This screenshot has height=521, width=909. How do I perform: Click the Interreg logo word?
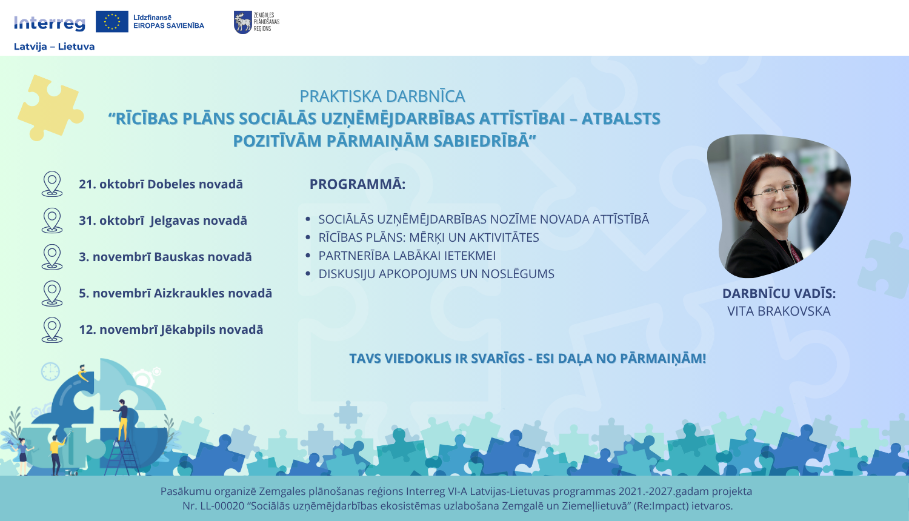50,23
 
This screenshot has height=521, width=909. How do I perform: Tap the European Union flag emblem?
112,22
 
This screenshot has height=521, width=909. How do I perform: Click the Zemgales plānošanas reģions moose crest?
242,22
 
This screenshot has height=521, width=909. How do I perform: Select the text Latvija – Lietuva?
54,47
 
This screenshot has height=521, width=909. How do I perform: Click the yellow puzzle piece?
50,107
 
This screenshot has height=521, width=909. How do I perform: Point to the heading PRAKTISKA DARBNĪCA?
382,96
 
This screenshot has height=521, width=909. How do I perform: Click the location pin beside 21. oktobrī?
52,184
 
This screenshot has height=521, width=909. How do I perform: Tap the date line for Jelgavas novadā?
162,221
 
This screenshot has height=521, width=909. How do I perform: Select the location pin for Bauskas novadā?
52,256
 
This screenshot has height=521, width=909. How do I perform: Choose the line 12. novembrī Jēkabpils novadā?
171,330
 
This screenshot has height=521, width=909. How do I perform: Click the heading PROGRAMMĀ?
357,184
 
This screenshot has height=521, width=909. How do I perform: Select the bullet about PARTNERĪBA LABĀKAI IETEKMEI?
407,256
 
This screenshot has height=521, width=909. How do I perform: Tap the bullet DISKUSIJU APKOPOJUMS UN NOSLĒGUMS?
436,274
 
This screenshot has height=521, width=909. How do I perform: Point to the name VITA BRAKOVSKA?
779,311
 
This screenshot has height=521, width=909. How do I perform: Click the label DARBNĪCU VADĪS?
779,294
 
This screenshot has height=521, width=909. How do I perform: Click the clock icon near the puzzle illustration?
50,371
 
